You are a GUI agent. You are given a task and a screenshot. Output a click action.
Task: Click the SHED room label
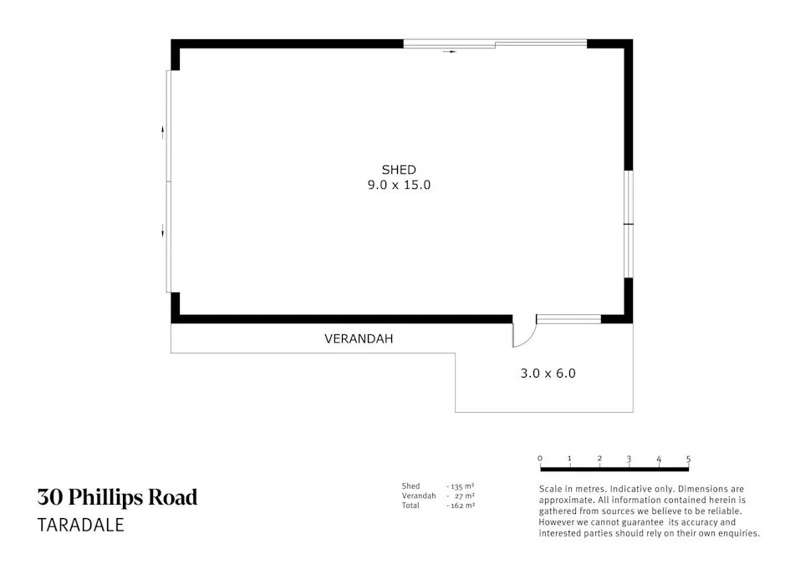(398, 170)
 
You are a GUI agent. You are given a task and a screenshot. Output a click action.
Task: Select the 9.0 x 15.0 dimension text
(398, 185)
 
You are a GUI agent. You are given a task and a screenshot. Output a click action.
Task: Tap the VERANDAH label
(358, 339)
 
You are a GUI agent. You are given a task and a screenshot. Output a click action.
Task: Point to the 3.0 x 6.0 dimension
(548, 373)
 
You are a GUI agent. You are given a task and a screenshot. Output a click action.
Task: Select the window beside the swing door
(568, 318)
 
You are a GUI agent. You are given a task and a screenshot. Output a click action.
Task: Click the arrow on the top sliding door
(450, 52)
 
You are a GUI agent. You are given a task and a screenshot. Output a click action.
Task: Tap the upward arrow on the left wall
(163, 130)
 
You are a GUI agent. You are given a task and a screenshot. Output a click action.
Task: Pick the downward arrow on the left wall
(163, 231)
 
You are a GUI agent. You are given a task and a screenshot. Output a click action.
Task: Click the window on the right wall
(629, 224)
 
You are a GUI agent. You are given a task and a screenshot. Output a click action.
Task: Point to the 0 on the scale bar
(540, 459)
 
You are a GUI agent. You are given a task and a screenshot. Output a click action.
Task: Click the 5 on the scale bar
(688, 459)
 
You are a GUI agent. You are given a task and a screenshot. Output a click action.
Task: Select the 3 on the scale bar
(629, 459)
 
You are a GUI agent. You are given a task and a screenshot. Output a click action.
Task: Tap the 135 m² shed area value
(461, 485)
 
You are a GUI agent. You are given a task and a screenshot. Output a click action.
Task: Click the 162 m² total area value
(461, 506)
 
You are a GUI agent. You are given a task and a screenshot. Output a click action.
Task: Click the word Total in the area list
(410, 506)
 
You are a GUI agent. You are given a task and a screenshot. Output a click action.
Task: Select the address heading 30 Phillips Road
(117, 498)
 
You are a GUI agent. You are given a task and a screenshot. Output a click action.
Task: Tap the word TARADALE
(80, 526)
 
